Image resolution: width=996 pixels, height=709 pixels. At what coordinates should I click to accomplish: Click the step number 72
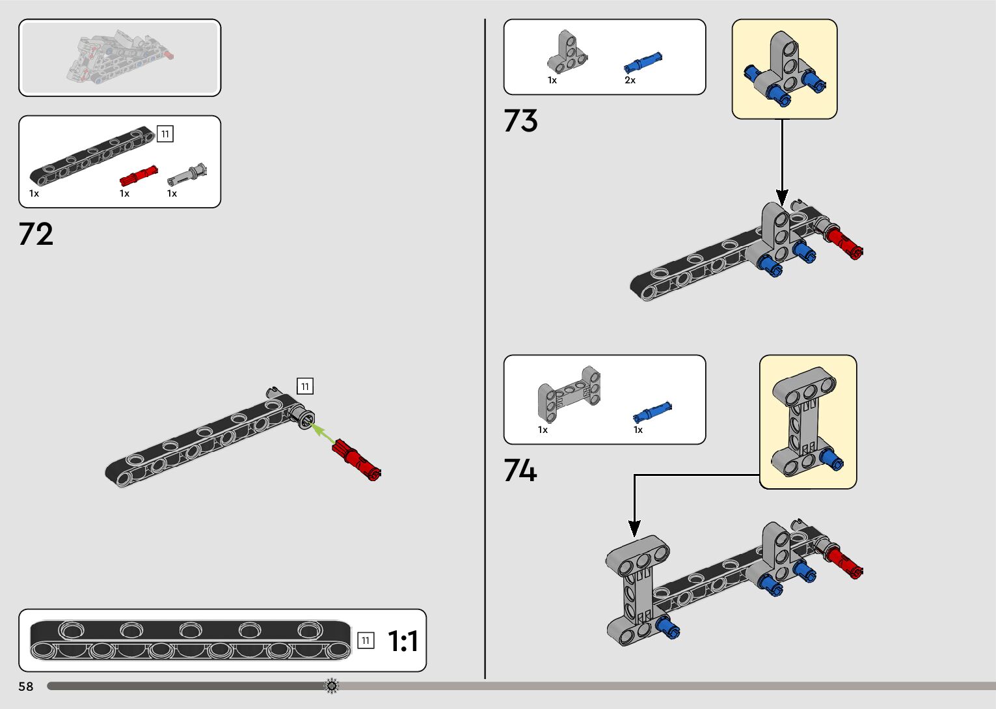pyautogui.click(x=36, y=234)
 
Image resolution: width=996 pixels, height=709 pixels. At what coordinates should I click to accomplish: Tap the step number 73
pyautogui.click(x=520, y=121)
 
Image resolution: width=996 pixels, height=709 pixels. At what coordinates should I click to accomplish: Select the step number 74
pyautogui.click(x=520, y=470)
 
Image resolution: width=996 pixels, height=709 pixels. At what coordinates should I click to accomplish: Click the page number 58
pyautogui.click(x=25, y=686)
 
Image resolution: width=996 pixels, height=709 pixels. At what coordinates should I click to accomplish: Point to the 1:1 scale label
pyautogui.click(x=403, y=641)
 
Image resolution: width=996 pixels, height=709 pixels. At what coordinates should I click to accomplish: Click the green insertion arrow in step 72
pyautogui.click(x=322, y=434)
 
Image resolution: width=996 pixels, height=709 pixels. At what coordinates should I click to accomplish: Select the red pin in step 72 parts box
pyautogui.click(x=138, y=176)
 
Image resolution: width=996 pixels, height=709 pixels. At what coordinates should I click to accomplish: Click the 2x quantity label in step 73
pyautogui.click(x=630, y=80)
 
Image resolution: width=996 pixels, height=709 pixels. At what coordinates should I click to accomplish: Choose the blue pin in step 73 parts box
pyautogui.click(x=643, y=63)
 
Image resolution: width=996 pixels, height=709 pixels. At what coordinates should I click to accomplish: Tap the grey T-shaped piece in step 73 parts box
pyautogui.click(x=567, y=53)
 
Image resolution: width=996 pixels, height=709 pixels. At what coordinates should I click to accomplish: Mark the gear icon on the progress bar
pyautogui.click(x=332, y=686)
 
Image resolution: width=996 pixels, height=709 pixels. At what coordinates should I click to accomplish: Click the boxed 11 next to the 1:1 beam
pyautogui.click(x=366, y=641)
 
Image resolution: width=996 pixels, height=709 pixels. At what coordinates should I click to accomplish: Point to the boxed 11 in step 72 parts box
pyautogui.click(x=165, y=134)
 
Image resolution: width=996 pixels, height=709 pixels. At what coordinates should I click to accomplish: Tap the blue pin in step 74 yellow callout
pyautogui.click(x=831, y=460)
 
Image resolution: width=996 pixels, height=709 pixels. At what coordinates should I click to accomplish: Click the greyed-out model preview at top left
pyautogui.click(x=120, y=57)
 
